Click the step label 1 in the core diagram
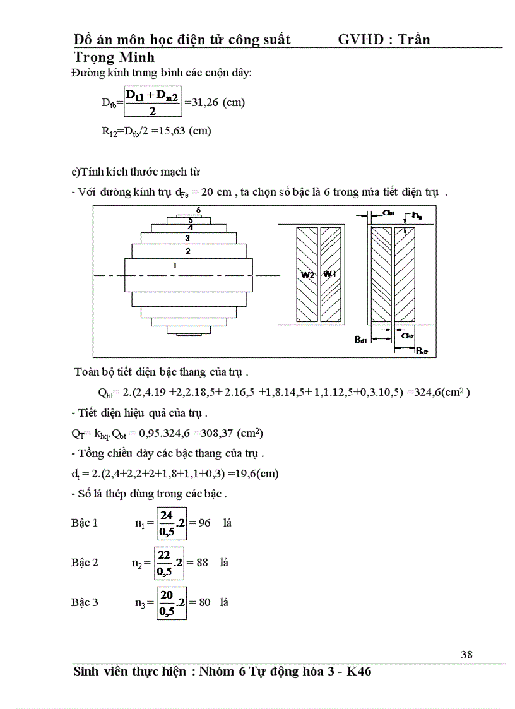174,266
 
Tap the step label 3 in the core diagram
187,239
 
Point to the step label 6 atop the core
198,210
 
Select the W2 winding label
307,274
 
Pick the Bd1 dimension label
361,340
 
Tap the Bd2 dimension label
422,351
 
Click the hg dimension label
417,216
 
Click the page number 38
466,655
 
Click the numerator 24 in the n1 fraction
166,516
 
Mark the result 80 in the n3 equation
204,602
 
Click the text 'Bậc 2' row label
85,563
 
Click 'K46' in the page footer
359,672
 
